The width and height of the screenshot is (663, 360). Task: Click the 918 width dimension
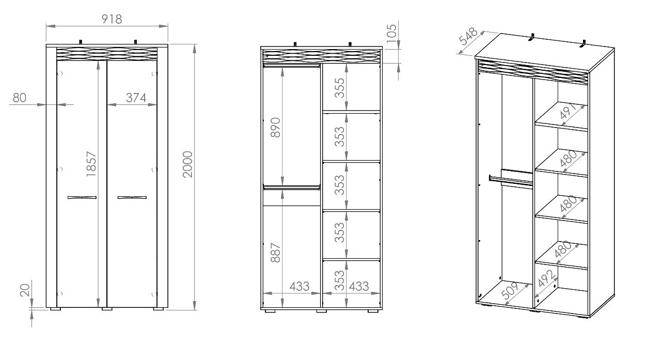point(112,19)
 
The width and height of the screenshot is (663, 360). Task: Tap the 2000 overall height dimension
point(187,164)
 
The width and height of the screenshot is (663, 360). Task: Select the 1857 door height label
point(91,164)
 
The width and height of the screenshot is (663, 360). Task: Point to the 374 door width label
point(136,98)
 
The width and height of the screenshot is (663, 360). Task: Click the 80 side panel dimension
point(20,98)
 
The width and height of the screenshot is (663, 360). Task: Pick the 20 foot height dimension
point(25,290)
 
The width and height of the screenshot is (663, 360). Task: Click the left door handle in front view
point(82,197)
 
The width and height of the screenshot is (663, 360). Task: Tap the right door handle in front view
point(132,197)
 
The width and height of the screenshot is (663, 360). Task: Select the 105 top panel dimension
point(391,34)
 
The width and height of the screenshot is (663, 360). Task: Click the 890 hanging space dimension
point(276,128)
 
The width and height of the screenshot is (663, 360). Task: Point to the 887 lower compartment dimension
point(276,253)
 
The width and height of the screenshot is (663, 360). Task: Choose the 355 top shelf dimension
point(340,88)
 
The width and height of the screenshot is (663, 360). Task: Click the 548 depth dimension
point(468,36)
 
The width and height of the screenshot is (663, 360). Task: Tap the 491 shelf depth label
point(567,111)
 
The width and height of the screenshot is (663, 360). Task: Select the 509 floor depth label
point(510,290)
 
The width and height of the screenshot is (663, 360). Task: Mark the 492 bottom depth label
point(547,278)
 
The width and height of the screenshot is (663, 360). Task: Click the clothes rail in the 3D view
point(511,181)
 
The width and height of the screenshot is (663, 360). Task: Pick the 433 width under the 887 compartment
point(299,286)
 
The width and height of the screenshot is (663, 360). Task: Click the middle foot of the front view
point(107,309)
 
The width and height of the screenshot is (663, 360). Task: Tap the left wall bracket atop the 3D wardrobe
point(532,38)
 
